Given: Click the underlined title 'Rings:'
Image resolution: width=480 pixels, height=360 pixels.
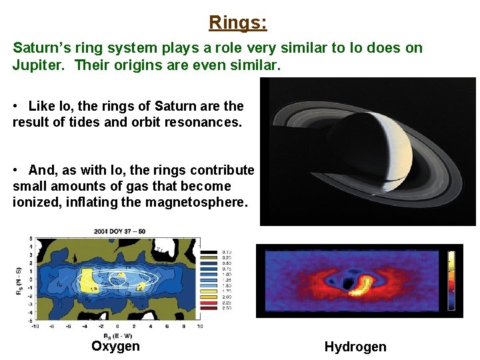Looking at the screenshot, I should click(x=238, y=23).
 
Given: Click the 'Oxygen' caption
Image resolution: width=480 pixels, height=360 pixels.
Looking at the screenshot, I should click(x=115, y=346).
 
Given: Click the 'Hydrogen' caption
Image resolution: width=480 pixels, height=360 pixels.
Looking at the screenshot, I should click(x=355, y=347).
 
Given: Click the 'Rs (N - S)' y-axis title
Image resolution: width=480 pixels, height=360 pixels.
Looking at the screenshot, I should click(x=19, y=280).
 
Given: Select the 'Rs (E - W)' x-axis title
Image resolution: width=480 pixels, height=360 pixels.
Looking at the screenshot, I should click(x=117, y=335).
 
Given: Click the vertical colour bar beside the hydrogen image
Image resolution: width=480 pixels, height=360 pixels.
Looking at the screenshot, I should click(x=451, y=280).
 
